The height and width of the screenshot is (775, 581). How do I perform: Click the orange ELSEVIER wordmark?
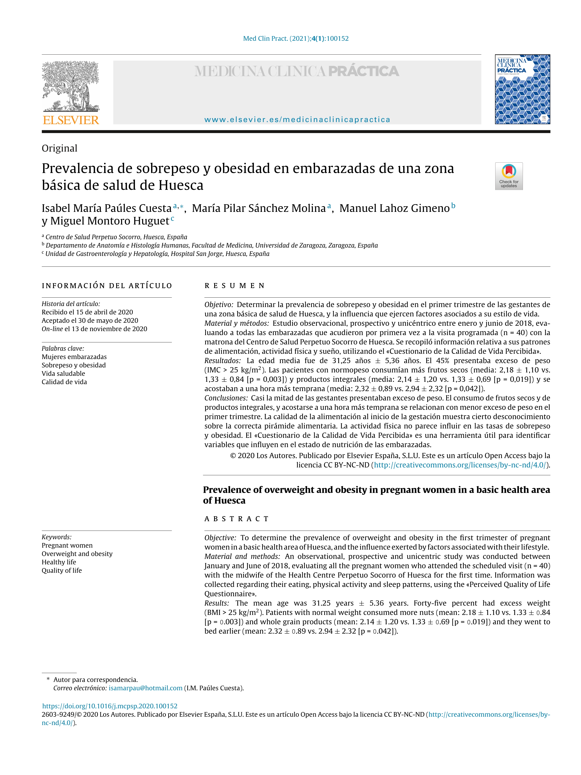tap(71, 120)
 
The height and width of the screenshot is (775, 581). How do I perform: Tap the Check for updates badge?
tap(509, 176)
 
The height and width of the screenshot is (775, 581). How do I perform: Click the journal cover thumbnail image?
tap(522, 89)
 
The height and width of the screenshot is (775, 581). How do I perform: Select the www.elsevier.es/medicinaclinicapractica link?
tap(297, 120)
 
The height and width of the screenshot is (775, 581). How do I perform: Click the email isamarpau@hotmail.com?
tap(145, 688)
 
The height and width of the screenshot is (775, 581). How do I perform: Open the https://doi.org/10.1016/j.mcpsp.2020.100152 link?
tap(110, 706)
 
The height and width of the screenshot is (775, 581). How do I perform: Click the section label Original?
tap(60, 148)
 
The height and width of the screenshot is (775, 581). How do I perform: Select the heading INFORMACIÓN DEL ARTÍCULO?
tap(107, 285)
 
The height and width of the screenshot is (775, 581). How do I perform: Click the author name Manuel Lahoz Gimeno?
tap(394, 208)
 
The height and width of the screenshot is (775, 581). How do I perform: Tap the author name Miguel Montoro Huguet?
tap(110, 221)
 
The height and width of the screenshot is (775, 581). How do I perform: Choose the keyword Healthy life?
tap(59, 562)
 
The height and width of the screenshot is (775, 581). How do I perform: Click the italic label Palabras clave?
tap(63, 348)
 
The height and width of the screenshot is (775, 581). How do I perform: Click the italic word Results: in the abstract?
tap(217, 603)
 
